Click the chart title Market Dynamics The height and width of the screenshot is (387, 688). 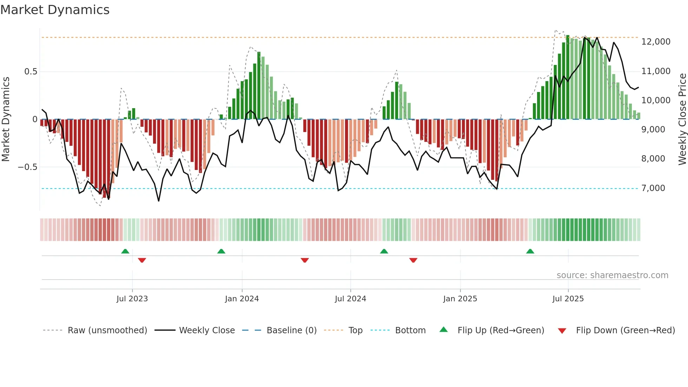pyautogui.click(x=55, y=10)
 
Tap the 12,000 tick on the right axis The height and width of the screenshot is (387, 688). pyautogui.click(x=656, y=42)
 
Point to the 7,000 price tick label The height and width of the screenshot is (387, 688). pyautogui.click(x=653, y=188)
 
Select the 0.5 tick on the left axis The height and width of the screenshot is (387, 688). pyautogui.click(x=31, y=72)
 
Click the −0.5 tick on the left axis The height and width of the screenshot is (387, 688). pyautogui.click(x=28, y=167)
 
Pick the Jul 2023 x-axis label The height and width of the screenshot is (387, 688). pyautogui.click(x=132, y=299)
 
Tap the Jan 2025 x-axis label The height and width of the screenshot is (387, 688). pyautogui.click(x=460, y=299)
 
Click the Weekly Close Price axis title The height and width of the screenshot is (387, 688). pyautogui.click(x=682, y=119)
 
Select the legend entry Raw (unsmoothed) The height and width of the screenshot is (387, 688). pyautogui.click(x=107, y=330)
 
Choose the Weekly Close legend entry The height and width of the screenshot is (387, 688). pyautogui.click(x=207, y=330)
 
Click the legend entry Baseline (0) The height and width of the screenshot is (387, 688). pyautogui.click(x=291, y=330)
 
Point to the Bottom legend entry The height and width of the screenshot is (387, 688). pyautogui.click(x=410, y=330)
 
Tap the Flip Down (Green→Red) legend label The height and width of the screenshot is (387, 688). pyautogui.click(x=625, y=330)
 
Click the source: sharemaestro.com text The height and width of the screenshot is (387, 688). pyautogui.click(x=612, y=275)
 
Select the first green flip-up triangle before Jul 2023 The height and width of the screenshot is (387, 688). pyautogui.click(x=125, y=251)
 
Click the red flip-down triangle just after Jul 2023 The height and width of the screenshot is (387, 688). pyautogui.click(x=142, y=260)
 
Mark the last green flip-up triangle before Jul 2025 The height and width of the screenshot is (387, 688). pyautogui.click(x=530, y=251)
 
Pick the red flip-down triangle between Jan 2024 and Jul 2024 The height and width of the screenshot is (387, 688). pyautogui.click(x=305, y=260)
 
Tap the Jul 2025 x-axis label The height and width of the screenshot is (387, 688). pyautogui.click(x=568, y=299)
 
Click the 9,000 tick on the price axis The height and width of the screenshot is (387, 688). pyautogui.click(x=653, y=130)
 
